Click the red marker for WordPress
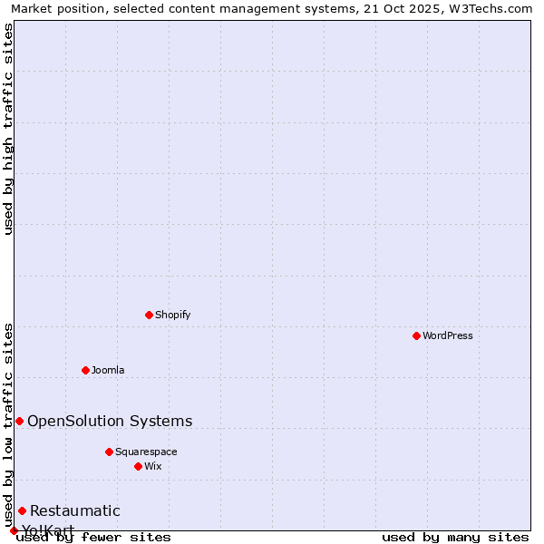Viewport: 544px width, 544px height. [416, 335]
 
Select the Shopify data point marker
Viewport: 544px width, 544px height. [149, 315]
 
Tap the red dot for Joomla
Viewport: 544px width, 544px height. [85, 370]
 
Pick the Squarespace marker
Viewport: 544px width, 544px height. [109, 452]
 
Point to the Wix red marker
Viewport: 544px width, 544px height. [138, 466]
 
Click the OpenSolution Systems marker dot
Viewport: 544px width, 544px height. [19, 421]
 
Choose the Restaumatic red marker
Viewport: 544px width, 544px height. [22, 510]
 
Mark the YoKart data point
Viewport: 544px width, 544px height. [14, 530]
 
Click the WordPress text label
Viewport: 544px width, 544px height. [448, 335]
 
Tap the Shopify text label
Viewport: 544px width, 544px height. [173, 315]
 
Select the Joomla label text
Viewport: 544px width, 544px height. [108, 370]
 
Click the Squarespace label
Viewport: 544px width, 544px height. [146, 452]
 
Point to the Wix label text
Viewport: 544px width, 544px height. [153, 466]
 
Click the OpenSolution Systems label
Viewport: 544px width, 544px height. [110, 421]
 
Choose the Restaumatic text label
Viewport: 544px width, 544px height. [75, 510]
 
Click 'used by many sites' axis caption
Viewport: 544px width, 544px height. [455, 537]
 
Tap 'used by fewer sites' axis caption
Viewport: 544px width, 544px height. [93, 537]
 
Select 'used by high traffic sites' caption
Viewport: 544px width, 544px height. [8, 129]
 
